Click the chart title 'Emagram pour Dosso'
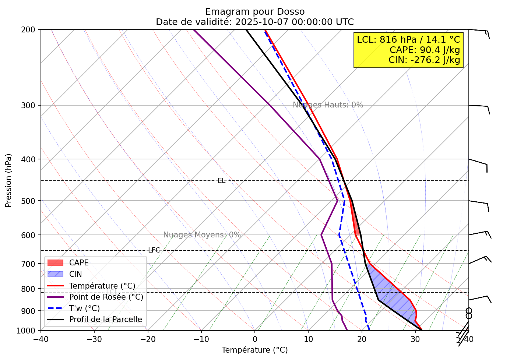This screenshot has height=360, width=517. pyautogui.click(x=255, y=12)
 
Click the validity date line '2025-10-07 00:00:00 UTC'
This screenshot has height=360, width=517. pyautogui.click(x=294, y=22)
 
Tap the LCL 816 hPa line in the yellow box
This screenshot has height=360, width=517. pyautogui.click(x=408, y=40)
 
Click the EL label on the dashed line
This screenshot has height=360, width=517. pyautogui.click(x=221, y=181)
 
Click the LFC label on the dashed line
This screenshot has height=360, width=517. pyautogui.click(x=154, y=250)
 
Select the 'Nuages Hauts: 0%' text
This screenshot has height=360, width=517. pyautogui.click(x=328, y=105)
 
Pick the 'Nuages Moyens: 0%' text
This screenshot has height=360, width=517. pyautogui.click(x=202, y=235)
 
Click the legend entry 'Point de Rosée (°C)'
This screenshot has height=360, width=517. pyautogui.click(x=106, y=297)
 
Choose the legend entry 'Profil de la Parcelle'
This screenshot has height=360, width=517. pyautogui.click(x=105, y=320)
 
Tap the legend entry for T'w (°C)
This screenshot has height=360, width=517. pyautogui.click(x=84, y=308)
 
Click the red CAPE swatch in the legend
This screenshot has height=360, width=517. pyautogui.click(x=56, y=263)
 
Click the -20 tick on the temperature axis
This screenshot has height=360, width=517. pyautogui.click(x=148, y=339)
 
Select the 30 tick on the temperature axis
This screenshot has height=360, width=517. pyautogui.click(x=415, y=339)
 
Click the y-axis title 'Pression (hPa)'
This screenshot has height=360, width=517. pyautogui.click(x=9, y=180)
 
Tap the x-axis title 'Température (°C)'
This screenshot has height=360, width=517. pyautogui.click(x=254, y=350)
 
